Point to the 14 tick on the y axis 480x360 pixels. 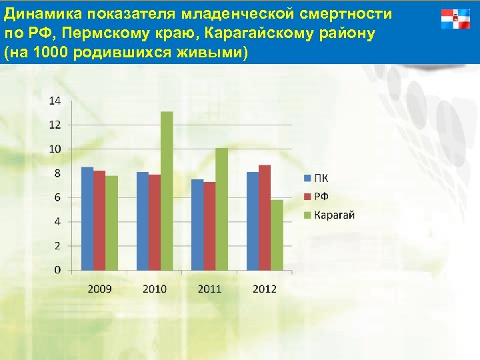pos(55,101)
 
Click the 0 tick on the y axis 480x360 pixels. pos(58,270)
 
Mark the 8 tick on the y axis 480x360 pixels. pos(58,173)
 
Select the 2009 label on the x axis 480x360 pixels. pos(99,289)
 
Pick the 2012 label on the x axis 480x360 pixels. pos(264,289)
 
